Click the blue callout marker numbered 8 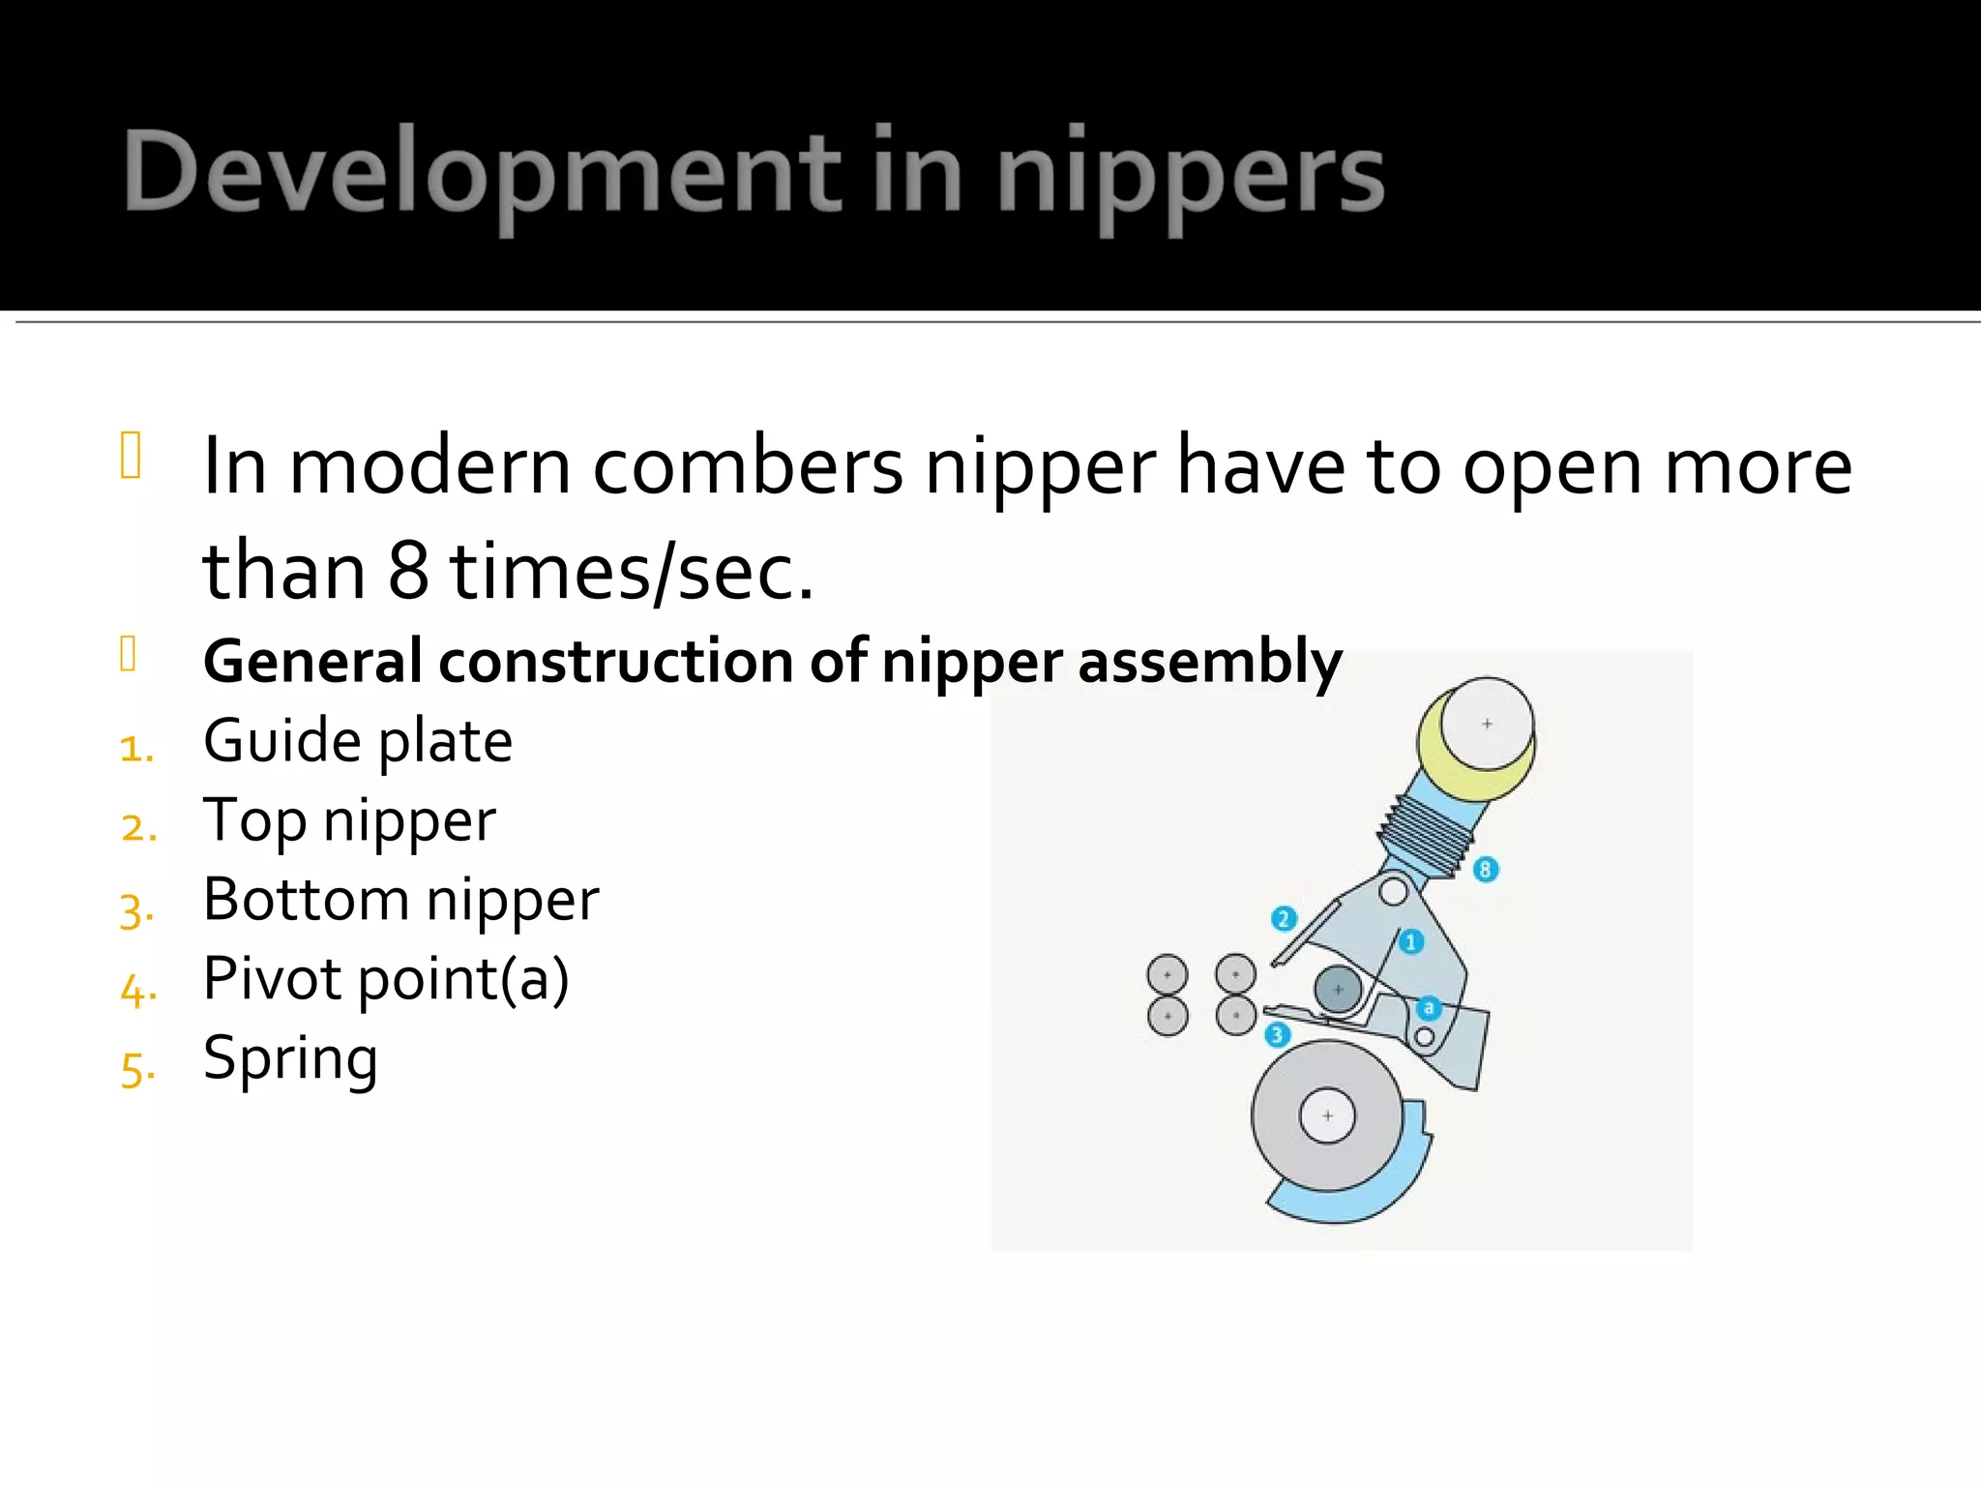1485,869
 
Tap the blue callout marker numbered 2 1283,918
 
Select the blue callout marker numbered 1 1410,941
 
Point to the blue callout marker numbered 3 1277,1035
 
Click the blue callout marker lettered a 1429,1008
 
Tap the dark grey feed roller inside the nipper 1338,989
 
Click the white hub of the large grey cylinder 1327,1115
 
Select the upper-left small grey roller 1168,974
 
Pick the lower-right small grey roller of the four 1236,1016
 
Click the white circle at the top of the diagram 1487,724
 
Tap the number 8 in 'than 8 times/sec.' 408,571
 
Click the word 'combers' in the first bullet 748,467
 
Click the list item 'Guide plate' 358,742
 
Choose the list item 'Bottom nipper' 400,900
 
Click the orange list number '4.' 137,990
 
